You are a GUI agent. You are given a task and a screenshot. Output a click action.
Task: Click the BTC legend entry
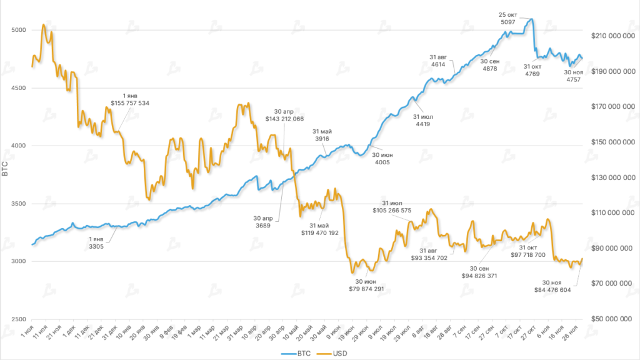[x=299, y=354]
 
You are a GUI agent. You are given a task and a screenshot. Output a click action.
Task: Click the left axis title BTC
[x=6, y=169]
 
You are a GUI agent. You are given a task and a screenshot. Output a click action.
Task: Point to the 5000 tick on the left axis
[x=19, y=30]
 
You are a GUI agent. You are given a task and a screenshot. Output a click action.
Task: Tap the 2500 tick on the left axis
[x=19, y=319]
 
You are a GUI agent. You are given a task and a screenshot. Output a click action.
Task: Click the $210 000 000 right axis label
[x=614, y=36]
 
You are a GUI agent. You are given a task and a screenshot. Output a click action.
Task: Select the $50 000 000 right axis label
[x=614, y=319]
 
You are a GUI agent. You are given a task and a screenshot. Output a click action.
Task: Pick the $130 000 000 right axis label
[x=614, y=178]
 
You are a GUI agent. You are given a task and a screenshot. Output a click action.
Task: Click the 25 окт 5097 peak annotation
[x=508, y=18]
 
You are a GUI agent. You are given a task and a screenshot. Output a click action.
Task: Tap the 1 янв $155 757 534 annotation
[x=130, y=98]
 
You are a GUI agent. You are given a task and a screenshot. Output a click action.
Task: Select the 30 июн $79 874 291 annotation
[x=366, y=284]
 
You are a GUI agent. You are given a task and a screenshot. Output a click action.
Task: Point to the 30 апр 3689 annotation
[x=262, y=222]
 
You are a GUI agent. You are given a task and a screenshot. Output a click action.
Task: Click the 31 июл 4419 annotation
[x=423, y=120]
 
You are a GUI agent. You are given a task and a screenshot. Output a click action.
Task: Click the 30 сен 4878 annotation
[x=490, y=65]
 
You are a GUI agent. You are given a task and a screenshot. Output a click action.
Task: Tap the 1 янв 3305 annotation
[x=96, y=243]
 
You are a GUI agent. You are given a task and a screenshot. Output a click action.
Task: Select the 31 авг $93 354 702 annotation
[x=429, y=254]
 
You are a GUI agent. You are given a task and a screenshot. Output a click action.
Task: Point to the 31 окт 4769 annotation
[x=532, y=70]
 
